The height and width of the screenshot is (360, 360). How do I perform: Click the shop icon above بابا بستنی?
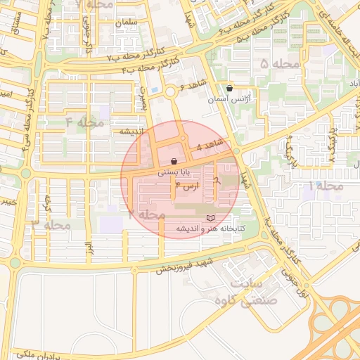coord(174,162)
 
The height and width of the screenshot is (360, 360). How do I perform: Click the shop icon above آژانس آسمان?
coord(230,88)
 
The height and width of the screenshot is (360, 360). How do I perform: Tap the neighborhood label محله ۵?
coord(279,65)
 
